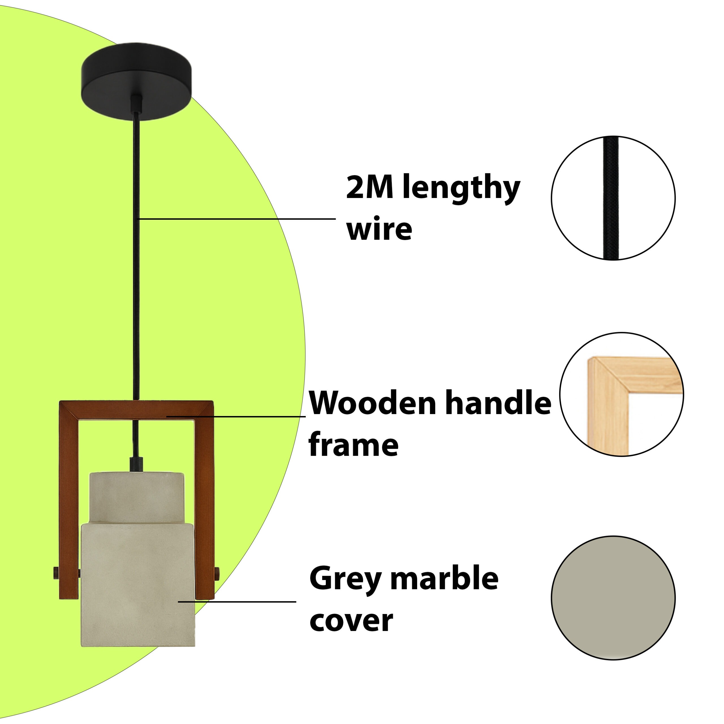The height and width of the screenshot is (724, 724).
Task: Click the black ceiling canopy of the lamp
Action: [136, 81]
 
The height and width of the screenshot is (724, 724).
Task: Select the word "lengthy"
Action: [461, 190]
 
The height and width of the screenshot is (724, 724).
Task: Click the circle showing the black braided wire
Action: [613, 198]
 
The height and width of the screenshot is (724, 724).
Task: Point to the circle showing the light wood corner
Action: [621, 394]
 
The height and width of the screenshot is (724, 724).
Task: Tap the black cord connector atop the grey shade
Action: [136, 464]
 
